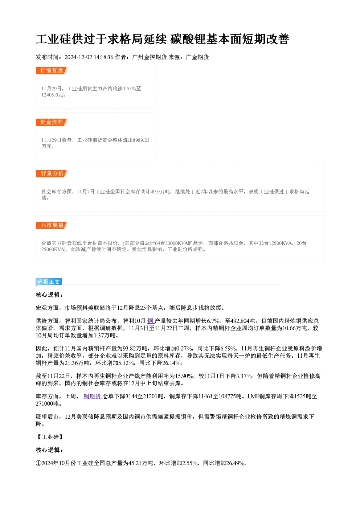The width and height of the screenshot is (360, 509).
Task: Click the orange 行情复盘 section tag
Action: [52, 71]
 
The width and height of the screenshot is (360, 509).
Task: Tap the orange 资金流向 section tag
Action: [52, 122]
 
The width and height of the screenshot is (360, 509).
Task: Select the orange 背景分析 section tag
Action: [52, 174]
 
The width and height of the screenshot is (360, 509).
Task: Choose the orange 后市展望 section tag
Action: [52, 225]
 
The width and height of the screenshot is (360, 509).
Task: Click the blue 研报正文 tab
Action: [49, 282]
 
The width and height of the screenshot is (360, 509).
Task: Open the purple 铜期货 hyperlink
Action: [93, 397]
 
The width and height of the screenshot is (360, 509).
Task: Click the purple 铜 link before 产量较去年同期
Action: [151, 321]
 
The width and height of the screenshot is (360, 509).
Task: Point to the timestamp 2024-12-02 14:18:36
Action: [89, 57]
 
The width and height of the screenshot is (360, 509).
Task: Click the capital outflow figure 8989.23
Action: [141, 140]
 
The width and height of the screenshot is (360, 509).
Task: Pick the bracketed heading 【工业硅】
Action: [50, 437]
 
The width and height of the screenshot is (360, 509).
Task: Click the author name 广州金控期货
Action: [149, 57]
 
